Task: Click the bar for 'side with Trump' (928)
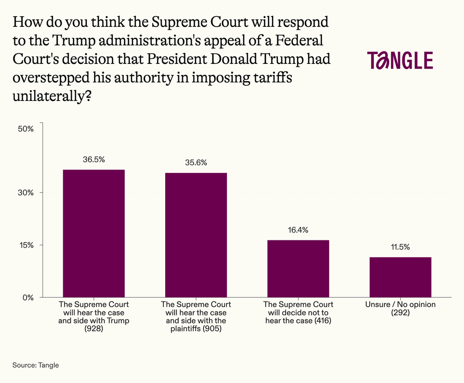point(94,233)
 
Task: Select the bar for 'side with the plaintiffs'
point(196,235)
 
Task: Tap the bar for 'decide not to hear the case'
point(298,269)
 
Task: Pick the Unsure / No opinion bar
point(400,277)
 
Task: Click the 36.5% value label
point(94,160)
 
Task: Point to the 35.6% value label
point(196,163)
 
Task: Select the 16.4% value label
point(298,230)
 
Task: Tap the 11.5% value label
point(400,247)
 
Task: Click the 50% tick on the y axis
point(26,129)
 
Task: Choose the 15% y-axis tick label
point(26,245)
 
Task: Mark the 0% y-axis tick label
point(27,297)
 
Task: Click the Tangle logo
point(400,61)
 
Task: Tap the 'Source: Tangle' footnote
point(36,365)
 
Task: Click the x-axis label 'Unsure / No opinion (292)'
point(400,308)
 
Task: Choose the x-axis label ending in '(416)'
point(298,313)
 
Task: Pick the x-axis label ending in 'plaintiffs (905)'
point(196,317)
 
